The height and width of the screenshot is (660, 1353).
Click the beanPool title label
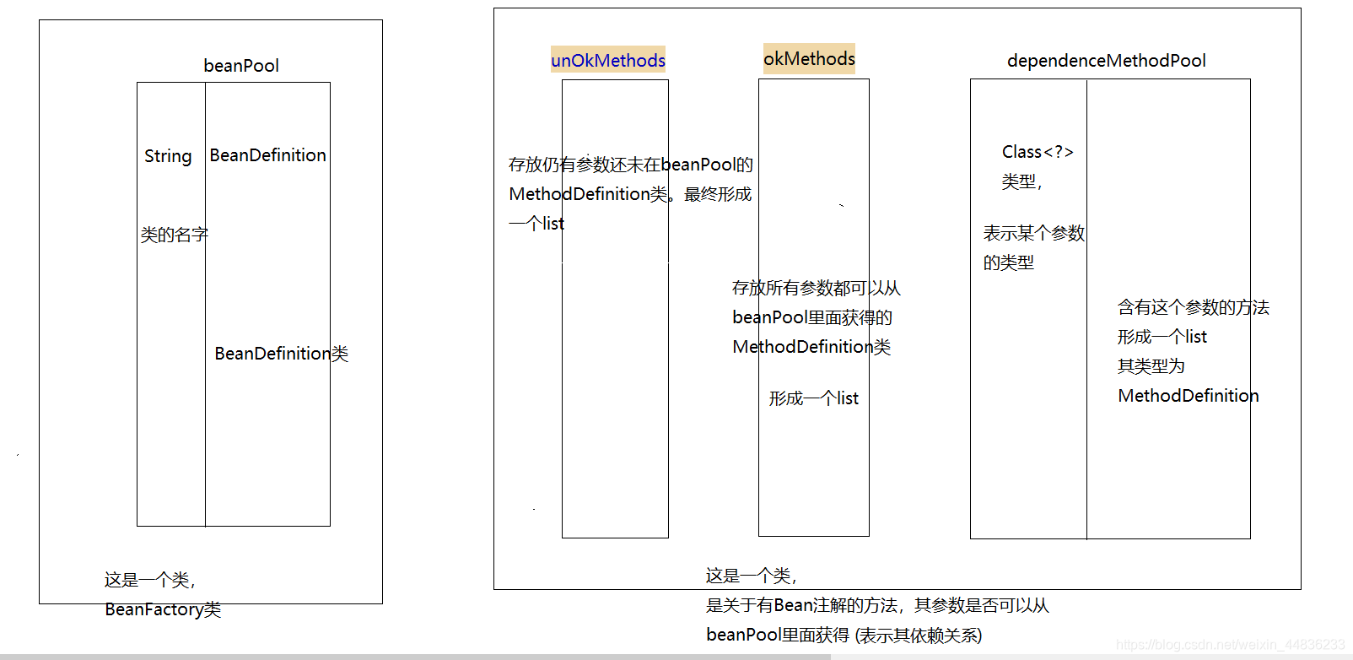point(241,66)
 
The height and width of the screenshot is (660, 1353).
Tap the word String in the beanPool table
point(168,156)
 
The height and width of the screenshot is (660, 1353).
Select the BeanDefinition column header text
point(267,155)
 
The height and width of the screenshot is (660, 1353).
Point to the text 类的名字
point(174,235)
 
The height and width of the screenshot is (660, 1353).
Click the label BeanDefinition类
point(281,354)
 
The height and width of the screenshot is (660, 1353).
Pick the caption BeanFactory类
point(163,609)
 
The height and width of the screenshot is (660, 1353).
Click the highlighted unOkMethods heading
point(608,60)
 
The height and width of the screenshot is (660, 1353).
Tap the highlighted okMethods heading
point(809,58)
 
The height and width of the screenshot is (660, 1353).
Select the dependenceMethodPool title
point(1106,61)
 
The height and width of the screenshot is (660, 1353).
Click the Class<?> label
point(1038,152)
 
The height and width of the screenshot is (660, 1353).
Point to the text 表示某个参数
point(1033,233)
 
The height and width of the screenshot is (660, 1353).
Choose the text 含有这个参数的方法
point(1193,307)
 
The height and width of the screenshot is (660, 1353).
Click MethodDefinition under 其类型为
point(1188,396)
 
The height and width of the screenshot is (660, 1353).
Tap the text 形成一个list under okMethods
point(813,398)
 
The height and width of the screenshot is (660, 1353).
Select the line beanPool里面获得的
point(811,317)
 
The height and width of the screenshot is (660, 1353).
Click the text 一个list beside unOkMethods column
point(536,224)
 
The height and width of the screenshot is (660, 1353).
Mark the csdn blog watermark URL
point(1230,646)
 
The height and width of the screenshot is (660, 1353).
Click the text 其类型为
point(1151,366)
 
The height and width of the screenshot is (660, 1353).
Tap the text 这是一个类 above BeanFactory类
point(149,580)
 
